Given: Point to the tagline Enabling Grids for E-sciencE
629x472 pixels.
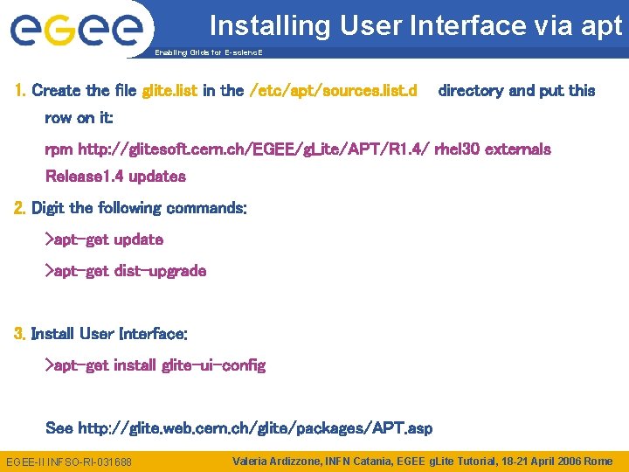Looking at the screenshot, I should pyautogui.click(x=208, y=53).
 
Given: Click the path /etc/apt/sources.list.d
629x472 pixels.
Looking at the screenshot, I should pyautogui.click(x=334, y=91).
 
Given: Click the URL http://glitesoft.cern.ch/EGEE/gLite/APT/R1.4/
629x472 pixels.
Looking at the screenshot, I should pyautogui.click(x=254, y=149).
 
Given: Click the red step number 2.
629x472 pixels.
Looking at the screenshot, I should pyautogui.click(x=19, y=209).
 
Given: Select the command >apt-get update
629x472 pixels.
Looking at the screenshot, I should pyautogui.click(x=104, y=239).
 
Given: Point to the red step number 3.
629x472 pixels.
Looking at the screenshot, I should pyautogui.click(x=19, y=334).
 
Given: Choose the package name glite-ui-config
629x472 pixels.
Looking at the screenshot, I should pyautogui.click(x=214, y=365).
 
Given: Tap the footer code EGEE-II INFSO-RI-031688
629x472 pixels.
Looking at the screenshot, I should pyautogui.click(x=68, y=461).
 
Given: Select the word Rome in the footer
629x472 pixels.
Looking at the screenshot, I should pyautogui.click(x=598, y=461).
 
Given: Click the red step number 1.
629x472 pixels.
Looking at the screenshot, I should pyautogui.click(x=20, y=91).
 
